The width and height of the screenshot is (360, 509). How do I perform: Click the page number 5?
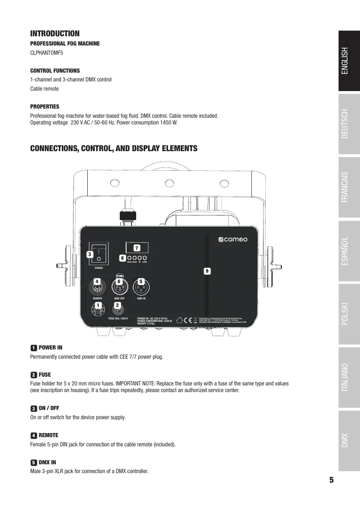click(331, 480)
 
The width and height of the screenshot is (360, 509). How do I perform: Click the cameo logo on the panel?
click(233, 240)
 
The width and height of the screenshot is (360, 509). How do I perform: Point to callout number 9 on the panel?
click(206, 271)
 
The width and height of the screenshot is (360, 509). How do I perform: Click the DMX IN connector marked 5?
click(141, 287)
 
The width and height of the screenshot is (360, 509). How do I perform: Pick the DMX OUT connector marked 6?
click(119, 287)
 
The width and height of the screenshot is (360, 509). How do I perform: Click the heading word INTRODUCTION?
click(55, 33)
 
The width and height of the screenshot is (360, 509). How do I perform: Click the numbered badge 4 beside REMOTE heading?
click(33, 435)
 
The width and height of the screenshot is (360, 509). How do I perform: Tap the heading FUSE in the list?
click(45, 375)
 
